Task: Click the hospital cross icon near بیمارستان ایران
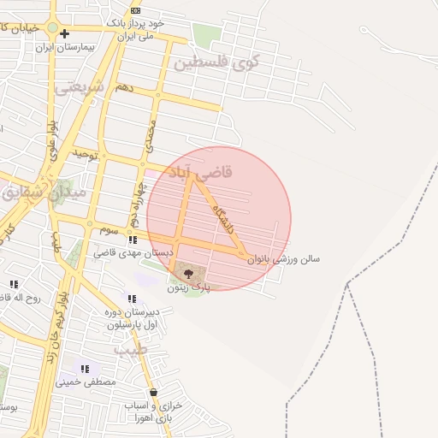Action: pos(64,34)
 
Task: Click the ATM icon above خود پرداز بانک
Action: pos(135,9)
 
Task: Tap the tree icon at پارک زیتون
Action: pos(189,274)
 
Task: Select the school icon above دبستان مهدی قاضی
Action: pos(133,240)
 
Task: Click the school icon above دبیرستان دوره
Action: pos(131,299)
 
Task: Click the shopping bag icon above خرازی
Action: pos(153,393)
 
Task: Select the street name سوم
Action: pos(109,230)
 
